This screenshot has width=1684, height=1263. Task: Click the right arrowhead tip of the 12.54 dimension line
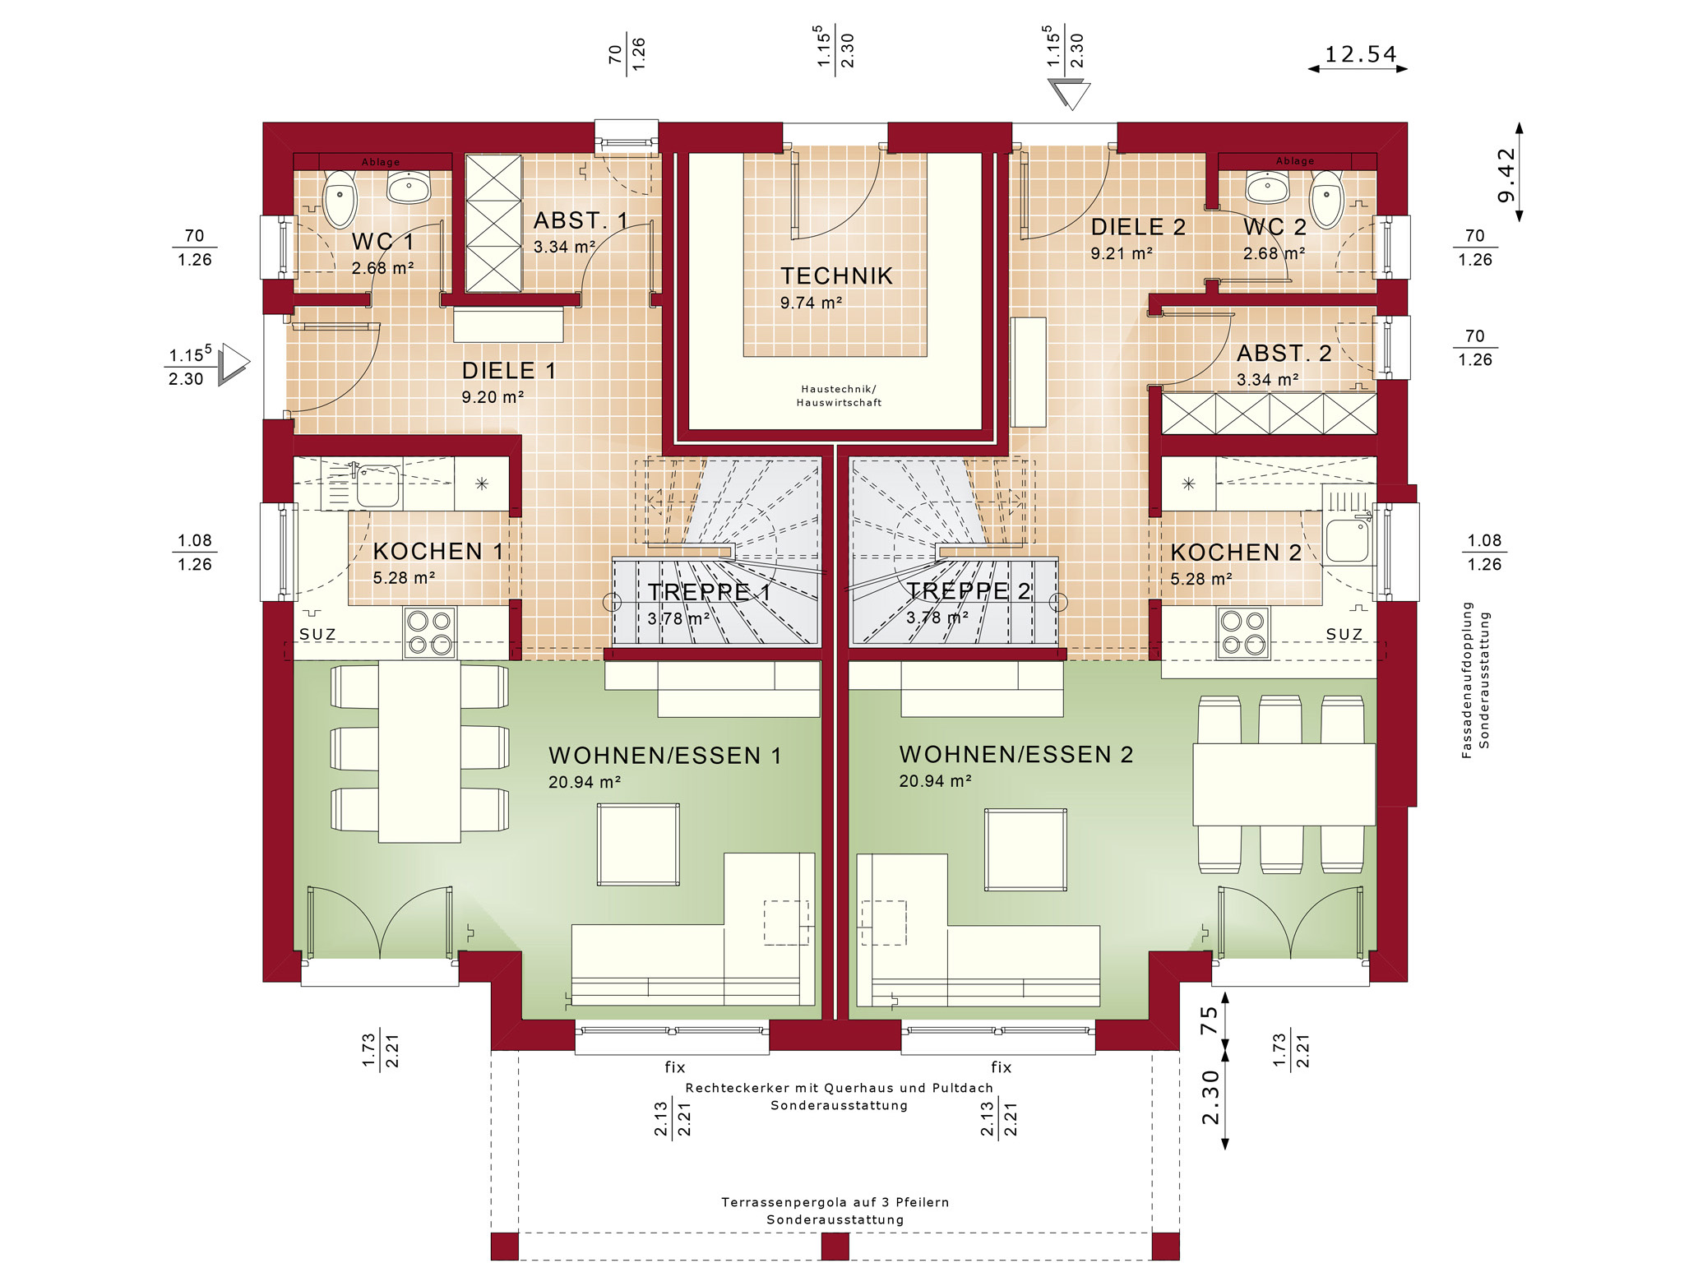tap(1408, 69)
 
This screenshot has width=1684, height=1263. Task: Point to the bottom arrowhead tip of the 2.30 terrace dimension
tap(1225, 1149)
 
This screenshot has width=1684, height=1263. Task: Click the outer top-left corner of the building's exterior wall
tap(263, 123)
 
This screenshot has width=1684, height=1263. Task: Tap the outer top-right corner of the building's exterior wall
tap(1407, 123)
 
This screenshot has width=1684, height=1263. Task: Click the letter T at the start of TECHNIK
tap(788, 276)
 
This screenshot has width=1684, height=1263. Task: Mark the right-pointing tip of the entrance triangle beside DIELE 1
tap(250, 361)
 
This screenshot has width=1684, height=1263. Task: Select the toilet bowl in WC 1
tap(340, 200)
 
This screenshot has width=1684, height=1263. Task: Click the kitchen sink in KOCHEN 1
tap(377, 485)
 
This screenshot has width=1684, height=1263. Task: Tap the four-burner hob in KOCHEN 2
tap(1243, 632)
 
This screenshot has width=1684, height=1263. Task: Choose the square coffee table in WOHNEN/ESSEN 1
tap(638, 844)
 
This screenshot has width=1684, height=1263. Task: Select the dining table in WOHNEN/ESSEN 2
tap(1284, 784)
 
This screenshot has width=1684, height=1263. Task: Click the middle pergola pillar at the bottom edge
tap(835, 1247)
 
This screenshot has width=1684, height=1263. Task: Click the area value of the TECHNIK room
tap(811, 303)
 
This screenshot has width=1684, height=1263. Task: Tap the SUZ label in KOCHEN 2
tap(1344, 634)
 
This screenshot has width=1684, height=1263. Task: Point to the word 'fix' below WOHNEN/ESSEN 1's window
tap(675, 1066)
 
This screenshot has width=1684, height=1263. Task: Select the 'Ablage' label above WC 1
tap(381, 162)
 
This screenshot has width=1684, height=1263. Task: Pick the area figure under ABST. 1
tap(564, 247)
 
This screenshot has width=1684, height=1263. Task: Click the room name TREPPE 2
tap(969, 590)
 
